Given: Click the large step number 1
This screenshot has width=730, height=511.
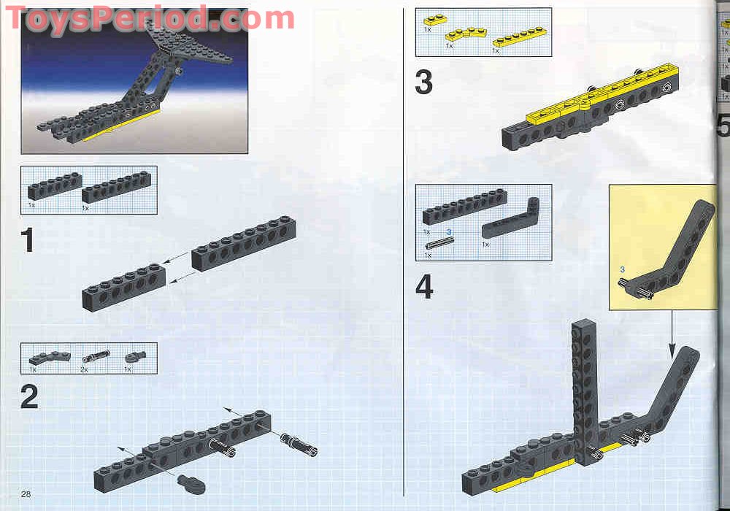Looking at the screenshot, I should coord(28,240).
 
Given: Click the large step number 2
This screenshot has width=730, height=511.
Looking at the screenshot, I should coord(29,396).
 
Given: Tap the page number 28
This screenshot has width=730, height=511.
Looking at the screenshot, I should coord(26,494).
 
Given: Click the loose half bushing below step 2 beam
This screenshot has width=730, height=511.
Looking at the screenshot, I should coord(191,480).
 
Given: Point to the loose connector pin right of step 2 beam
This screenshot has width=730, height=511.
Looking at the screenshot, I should coord(299,443).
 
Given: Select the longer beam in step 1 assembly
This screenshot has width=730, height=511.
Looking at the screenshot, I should coord(244,244).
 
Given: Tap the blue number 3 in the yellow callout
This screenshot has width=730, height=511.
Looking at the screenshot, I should coord(622,270).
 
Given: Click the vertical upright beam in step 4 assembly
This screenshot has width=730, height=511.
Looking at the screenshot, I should coord(585,386).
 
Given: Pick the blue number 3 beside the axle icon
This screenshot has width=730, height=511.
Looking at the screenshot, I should coord(450,231).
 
